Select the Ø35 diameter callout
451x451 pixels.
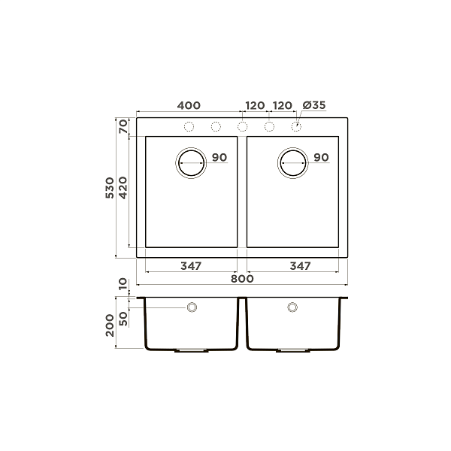tap(313, 105)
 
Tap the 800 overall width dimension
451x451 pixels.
tap(241, 279)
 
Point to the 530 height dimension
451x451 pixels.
tap(110, 188)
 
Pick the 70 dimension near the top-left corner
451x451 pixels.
tap(123, 126)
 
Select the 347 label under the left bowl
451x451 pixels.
tap(191, 266)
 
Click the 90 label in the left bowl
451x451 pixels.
tap(219, 158)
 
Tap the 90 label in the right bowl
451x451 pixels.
tap(321, 158)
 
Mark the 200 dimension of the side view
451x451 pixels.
tap(110, 324)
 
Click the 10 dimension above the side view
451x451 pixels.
tap(123, 285)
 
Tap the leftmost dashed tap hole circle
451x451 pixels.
tap(189, 126)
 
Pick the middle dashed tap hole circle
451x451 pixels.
tap(243, 126)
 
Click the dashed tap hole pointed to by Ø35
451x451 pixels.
tap(296, 126)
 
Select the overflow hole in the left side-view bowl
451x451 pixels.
tap(192, 307)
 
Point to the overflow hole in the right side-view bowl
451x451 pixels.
tap(292, 307)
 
